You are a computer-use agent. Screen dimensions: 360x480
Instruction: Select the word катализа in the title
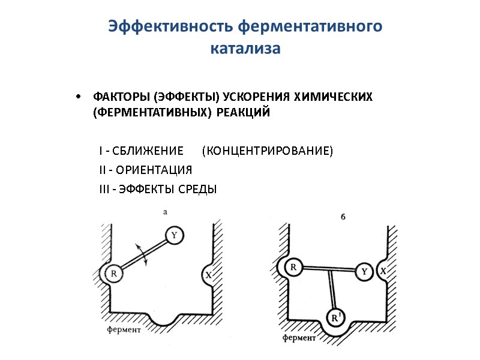[245, 49]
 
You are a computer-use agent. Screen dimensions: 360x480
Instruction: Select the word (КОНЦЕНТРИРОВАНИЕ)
[267, 150]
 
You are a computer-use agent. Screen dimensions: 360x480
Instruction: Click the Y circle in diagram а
[173, 236]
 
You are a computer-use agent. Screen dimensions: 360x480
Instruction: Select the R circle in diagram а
[113, 274]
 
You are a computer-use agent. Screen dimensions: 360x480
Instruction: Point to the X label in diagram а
[208, 275]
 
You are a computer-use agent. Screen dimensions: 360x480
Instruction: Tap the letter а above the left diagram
[164, 212]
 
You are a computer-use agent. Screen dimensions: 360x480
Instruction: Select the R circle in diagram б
[293, 267]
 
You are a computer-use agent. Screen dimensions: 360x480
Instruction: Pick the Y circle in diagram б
[364, 271]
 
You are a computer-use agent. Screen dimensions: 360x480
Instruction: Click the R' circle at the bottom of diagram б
[335, 317]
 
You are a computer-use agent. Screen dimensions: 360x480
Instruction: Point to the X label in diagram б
[383, 271]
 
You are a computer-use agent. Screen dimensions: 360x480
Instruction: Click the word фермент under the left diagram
[124, 329]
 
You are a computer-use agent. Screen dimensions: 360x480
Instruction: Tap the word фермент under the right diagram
[299, 338]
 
